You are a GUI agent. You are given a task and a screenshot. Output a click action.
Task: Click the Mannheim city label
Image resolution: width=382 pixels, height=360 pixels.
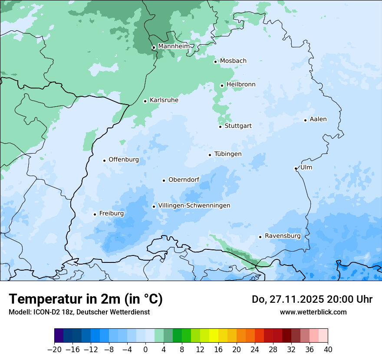[174, 46]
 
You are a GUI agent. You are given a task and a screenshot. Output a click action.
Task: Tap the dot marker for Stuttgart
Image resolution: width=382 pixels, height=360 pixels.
[220, 127]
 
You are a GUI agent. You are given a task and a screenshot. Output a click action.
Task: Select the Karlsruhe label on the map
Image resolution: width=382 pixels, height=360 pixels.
[164, 100]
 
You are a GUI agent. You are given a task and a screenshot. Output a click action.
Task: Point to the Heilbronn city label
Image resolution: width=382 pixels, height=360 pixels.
[241, 85]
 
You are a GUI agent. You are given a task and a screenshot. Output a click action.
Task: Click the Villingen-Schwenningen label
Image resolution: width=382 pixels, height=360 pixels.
[194, 206]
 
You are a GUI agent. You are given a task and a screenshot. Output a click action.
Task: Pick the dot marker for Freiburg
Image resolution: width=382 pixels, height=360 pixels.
[95, 214]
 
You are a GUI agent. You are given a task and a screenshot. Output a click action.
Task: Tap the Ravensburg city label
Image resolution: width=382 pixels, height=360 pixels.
[282, 236]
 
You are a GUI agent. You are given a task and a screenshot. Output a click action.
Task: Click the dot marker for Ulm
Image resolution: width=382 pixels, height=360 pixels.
[296, 168]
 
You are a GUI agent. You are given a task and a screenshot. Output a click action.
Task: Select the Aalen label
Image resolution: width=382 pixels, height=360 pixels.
[318, 119]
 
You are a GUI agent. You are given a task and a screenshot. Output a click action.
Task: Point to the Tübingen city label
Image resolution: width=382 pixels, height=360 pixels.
[228, 154]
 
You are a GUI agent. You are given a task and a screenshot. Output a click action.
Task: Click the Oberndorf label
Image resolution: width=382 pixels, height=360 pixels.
[184, 180]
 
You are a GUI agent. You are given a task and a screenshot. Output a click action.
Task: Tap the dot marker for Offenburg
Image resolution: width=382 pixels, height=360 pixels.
[104, 160]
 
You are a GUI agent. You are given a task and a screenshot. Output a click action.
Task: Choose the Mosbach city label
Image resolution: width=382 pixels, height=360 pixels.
[233, 61]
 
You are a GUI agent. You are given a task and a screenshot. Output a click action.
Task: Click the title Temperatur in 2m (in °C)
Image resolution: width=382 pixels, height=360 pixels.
[86, 299]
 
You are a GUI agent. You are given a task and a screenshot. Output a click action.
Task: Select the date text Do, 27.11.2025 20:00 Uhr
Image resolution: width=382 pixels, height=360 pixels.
[312, 299]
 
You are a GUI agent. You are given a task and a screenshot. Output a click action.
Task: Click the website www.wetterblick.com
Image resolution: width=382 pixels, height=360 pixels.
[313, 312]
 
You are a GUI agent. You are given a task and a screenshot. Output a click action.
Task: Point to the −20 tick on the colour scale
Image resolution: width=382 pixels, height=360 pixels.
[55, 350]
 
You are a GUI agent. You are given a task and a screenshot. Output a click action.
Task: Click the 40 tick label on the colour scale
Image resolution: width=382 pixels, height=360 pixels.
[328, 350]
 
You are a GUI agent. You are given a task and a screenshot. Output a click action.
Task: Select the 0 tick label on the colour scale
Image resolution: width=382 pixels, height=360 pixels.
[145, 350]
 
